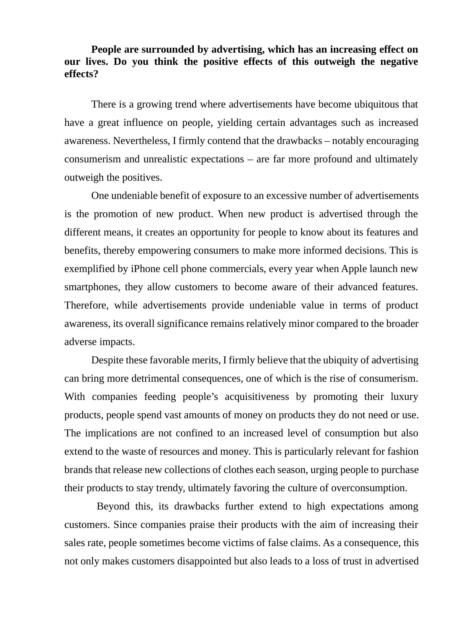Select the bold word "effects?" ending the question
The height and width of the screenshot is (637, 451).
click(x=81, y=74)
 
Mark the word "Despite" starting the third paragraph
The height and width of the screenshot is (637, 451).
click(x=107, y=360)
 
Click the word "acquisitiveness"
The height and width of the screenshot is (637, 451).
click(x=257, y=397)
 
